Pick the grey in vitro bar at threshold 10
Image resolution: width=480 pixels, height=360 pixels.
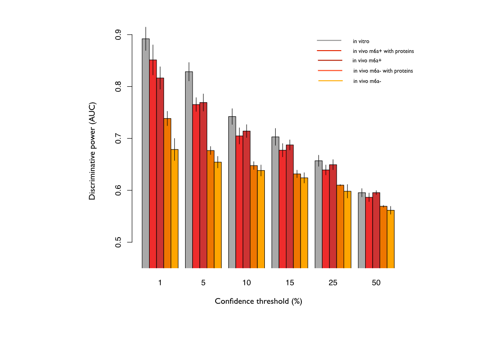(x=232, y=192)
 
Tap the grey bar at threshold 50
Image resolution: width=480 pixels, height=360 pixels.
(x=362, y=230)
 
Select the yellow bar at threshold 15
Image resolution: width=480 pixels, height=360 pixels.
(x=304, y=223)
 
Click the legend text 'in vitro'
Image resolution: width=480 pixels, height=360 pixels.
(x=361, y=41)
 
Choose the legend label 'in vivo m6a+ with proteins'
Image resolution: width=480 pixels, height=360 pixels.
(x=383, y=51)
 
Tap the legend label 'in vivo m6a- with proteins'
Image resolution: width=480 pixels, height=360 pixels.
(x=382, y=71)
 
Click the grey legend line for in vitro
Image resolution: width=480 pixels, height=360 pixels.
(x=329, y=41)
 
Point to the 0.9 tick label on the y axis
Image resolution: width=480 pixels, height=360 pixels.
(x=118, y=35)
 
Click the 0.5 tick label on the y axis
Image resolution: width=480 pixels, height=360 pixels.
(x=118, y=242)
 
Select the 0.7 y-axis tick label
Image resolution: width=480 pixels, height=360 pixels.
(x=118, y=139)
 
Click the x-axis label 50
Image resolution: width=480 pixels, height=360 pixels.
(x=376, y=283)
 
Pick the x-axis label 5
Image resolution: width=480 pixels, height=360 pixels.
(x=203, y=283)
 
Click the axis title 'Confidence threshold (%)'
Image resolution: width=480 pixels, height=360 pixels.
(x=258, y=301)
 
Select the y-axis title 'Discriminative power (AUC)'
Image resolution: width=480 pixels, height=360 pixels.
(x=92, y=150)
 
